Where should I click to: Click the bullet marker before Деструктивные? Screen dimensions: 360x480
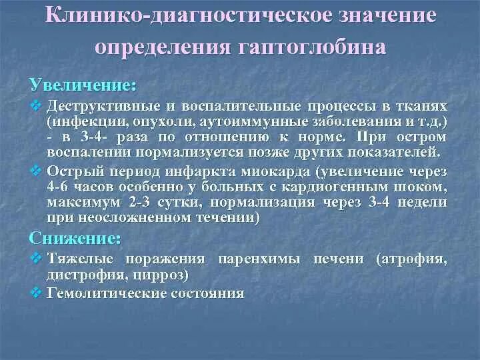(36, 107)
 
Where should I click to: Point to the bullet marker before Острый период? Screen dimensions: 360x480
(36, 170)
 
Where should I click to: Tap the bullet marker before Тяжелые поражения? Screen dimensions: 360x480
(36, 259)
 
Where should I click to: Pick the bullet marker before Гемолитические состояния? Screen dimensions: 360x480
(36, 292)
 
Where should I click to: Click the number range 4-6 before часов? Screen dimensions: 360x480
(58, 186)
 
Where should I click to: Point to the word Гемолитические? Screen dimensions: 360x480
(100, 292)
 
